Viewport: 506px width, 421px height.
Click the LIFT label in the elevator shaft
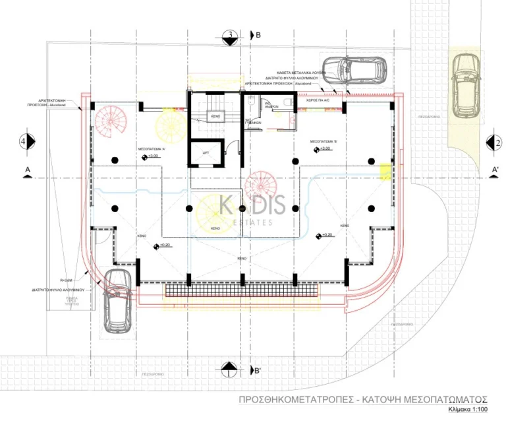point(206,152)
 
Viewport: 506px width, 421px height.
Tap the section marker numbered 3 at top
point(230,36)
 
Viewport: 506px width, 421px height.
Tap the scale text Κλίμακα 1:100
point(466,410)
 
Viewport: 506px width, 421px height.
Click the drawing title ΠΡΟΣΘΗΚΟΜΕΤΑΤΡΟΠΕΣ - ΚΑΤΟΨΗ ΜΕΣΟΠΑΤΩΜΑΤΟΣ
point(363,399)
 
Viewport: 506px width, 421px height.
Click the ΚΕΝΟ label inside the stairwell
point(215,115)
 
